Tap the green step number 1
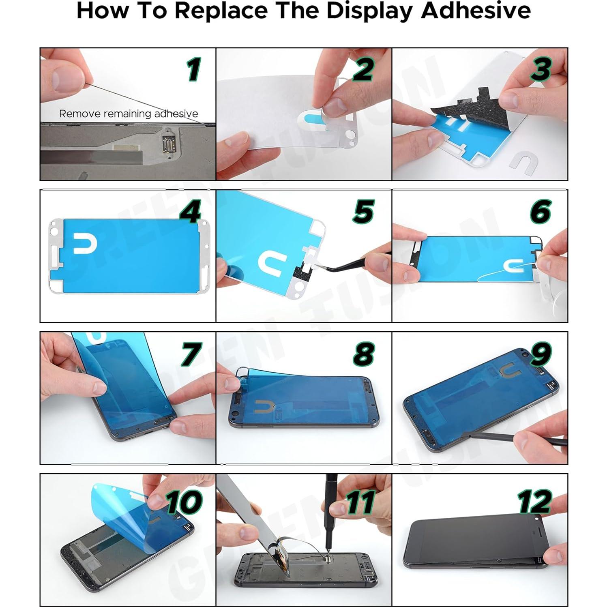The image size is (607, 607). tap(194, 69)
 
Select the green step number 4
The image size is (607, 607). tap(190, 212)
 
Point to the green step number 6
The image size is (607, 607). tap(541, 212)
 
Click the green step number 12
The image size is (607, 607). tap(535, 502)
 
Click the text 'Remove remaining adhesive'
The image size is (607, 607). tap(129, 114)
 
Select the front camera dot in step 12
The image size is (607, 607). tap(537, 518)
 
